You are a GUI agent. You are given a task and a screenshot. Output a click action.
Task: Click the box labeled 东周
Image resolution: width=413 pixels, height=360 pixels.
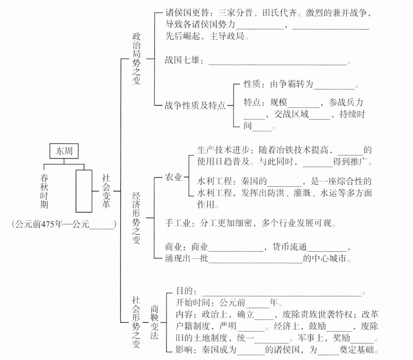point(64,151)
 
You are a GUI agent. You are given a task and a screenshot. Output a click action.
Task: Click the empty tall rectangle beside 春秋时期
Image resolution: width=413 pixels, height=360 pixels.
point(84,191)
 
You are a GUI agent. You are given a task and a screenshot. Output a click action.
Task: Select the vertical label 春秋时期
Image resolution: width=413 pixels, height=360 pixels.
point(44,191)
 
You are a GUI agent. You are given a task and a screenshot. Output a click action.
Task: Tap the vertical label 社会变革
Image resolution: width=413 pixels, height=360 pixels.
point(106,191)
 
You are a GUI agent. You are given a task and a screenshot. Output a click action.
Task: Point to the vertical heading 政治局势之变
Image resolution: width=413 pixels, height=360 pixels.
point(136,58)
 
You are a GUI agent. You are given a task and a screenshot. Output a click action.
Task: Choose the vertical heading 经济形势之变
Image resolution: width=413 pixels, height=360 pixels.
point(136,218)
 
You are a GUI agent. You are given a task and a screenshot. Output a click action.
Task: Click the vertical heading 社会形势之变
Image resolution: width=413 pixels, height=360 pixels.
point(136,322)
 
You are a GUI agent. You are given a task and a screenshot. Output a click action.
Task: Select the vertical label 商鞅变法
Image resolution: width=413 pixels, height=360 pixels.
point(154,322)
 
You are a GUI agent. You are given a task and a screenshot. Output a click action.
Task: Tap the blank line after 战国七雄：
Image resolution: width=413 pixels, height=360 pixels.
point(277,62)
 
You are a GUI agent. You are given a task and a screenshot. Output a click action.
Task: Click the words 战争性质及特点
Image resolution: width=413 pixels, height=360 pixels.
point(195,105)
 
